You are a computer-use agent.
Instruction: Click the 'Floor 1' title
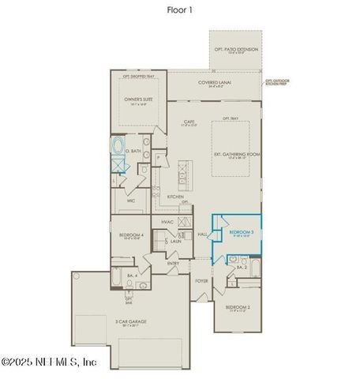click(x=179, y=10)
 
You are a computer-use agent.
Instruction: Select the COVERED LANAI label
click(x=214, y=82)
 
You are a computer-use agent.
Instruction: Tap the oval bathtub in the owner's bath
click(x=119, y=147)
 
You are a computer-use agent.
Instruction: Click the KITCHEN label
click(x=174, y=197)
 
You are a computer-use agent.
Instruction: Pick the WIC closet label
click(x=132, y=201)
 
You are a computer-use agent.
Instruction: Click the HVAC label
click(x=167, y=223)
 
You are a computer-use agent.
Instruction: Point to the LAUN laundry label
click(x=175, y=241)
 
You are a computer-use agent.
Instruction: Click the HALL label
click(x=202, y=235)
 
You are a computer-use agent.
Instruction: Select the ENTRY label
click(x=172, y=263)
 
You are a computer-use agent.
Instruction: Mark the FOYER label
click(x=201, y=280)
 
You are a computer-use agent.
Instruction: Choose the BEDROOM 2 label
click(x=237, y=307)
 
